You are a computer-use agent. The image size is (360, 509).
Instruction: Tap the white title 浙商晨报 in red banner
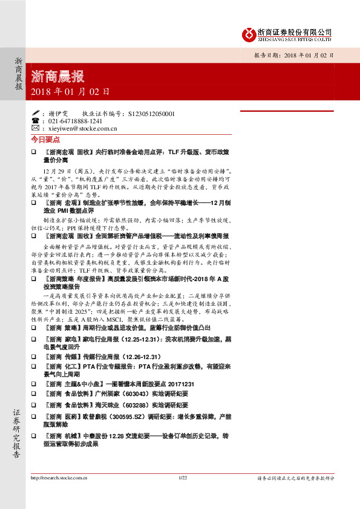57,77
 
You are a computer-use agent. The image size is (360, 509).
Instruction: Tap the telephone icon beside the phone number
35,121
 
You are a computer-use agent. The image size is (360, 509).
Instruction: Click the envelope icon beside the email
35,129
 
